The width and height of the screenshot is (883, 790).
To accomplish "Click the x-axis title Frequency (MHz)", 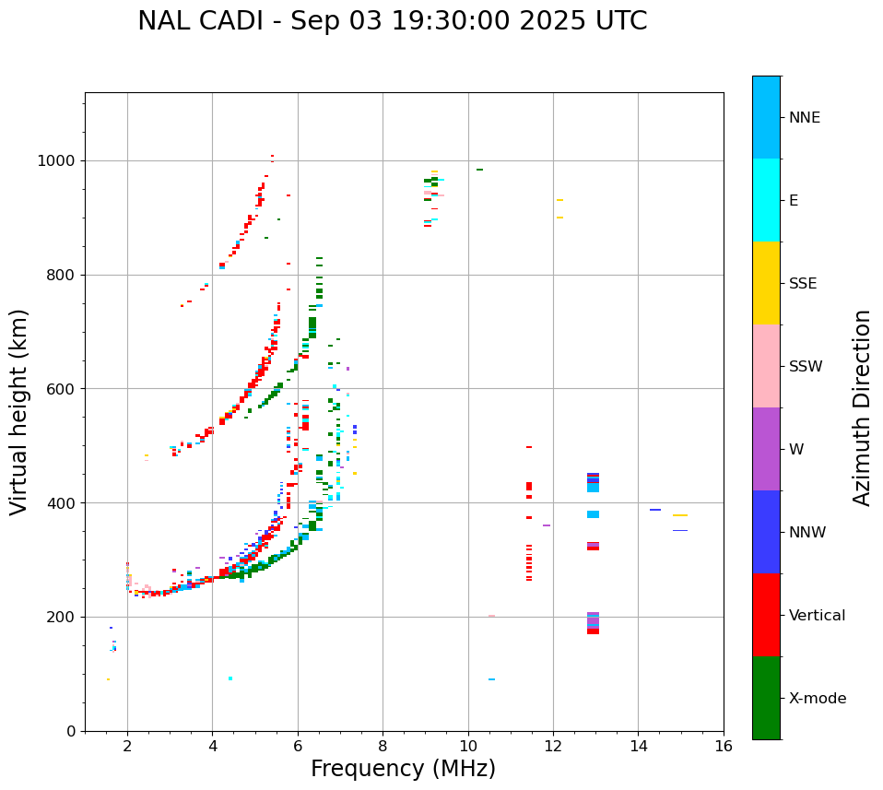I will pos(403,769).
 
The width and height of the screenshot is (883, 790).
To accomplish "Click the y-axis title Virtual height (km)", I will pos(19,411).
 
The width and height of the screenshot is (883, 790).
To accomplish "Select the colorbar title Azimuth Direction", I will pos(862,407).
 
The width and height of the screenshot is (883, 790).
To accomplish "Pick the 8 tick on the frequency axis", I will pos(383,745).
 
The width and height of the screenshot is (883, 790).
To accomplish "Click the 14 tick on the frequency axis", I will pos(638,745).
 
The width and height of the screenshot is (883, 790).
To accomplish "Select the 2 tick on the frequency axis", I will pos(127,745).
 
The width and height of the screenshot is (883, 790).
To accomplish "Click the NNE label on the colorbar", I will pos(804,118).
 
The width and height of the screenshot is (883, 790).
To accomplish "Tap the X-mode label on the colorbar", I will pos(817,699).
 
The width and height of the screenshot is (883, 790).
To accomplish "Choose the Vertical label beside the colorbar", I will pos(817,616).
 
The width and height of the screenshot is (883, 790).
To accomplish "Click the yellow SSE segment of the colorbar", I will pos(766,283).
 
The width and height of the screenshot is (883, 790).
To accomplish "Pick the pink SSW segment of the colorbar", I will pos(766,366).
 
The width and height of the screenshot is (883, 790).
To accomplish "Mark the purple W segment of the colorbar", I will pos(766,449).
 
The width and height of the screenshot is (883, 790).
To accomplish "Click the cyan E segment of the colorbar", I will pos(766,200).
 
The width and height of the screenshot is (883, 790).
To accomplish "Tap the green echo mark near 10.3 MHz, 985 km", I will pos(479,170).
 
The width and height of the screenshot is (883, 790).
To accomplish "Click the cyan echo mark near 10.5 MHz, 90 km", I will pos(491,679).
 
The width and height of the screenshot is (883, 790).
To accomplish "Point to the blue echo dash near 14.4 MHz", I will pos(655,510).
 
